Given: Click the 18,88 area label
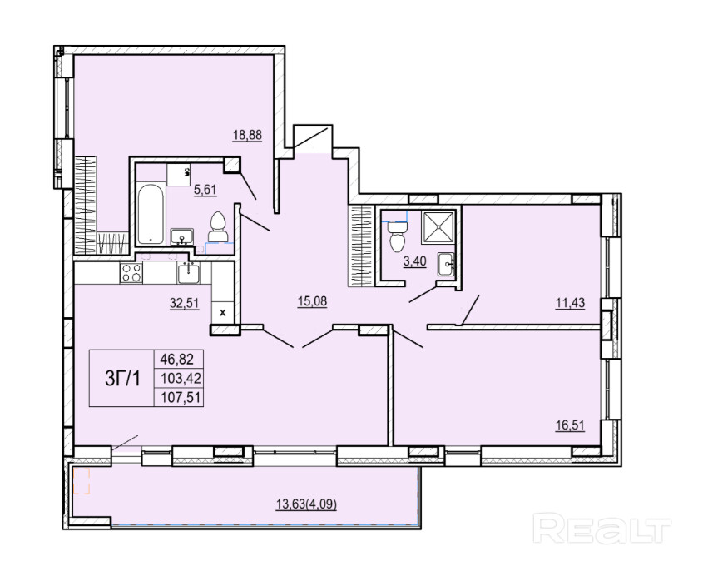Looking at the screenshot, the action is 247,135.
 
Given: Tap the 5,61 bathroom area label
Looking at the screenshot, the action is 205,190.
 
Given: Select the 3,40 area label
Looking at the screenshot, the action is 414,261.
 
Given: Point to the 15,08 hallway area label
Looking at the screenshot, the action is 312,301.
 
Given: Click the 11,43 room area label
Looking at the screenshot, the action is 570,303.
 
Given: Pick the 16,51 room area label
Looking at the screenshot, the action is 570,425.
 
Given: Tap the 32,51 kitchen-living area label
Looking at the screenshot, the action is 184,303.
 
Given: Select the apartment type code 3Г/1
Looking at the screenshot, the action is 122,379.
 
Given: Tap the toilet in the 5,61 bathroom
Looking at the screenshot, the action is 218,226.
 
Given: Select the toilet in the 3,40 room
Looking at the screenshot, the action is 398,236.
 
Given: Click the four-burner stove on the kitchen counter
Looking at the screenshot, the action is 131,273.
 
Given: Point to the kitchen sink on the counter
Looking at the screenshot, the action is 188,273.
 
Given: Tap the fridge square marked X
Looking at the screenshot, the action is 222,312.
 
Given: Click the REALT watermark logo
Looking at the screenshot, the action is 602,528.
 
